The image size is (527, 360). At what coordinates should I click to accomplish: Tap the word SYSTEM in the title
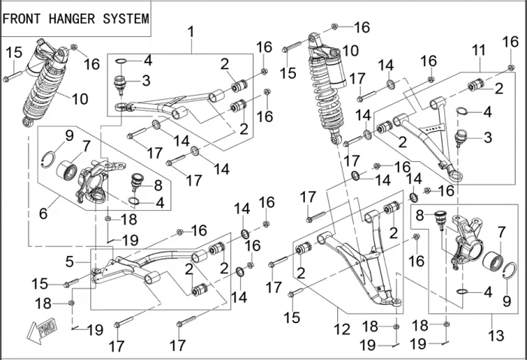[x=125, y=19]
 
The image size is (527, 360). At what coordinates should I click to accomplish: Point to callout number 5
[x=69, y=261]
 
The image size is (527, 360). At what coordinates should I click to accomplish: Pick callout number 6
[x=43, y=213]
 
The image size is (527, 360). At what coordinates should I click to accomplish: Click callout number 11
[x=477, y=49]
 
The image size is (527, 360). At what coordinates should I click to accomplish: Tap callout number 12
[x=343, y=329]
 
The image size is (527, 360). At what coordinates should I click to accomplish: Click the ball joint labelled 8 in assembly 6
[x=136, y=182]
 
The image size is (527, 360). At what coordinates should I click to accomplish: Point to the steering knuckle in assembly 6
[x=96, y=181]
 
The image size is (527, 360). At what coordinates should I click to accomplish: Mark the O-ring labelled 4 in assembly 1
[x=121, y=60]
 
